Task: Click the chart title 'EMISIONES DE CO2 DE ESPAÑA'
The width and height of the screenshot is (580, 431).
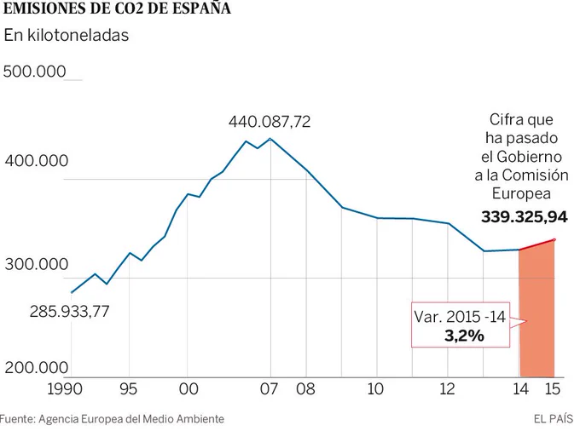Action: (x=117, y=8)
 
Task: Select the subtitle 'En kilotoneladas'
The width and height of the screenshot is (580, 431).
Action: (x=67, y=36)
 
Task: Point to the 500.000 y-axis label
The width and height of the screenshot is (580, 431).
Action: (x=35, y=72)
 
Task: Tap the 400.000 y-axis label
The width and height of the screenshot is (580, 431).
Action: (x=37, y=161)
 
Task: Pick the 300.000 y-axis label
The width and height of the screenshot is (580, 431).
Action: (x=37, y=264)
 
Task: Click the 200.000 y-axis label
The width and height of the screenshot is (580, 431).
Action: (x=37, y=368)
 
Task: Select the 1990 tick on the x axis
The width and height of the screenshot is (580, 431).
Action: (x=65, y=389)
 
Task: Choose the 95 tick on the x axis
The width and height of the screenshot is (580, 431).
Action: (x=129, y=389)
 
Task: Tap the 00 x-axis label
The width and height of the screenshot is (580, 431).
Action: (x=188, y=389)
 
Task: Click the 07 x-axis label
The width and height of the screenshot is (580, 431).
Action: (x=269, y=389)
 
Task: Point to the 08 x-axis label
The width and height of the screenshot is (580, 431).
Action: (x=305, y=389)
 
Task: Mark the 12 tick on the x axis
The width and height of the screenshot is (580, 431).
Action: (x=447, y=389)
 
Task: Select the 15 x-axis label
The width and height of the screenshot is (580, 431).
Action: (x=553, y=389)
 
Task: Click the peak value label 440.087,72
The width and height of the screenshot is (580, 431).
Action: (x=270, y=122)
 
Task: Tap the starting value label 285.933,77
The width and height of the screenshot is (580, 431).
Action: (x=70, y=312)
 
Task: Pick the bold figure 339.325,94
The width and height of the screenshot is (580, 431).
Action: (x=525, y=217)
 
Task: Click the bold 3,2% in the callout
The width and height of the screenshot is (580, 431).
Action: (x=464, y=336)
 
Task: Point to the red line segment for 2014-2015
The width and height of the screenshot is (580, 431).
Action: (x=536, y=244)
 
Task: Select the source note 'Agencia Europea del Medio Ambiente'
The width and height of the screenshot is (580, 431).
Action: (x=131, y=419)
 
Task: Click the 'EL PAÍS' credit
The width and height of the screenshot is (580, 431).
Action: (x=554, y=419)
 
